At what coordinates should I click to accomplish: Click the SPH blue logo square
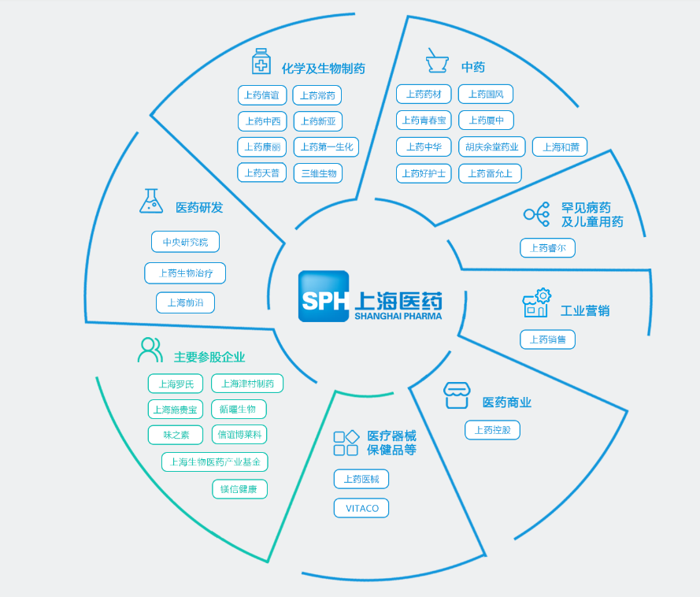pos(324,296)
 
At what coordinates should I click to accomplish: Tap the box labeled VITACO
pos(361,508)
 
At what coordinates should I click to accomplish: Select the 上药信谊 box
pos(262,95)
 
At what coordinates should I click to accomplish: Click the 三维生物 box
pos(318,173)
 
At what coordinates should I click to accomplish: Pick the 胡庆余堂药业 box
pos(492,146)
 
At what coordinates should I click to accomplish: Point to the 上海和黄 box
pos(560,146)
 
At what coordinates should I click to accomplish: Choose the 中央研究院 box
pos(185,242)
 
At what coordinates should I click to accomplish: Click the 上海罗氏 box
pos(176,384)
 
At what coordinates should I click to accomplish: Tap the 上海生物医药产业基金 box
pos(215,462)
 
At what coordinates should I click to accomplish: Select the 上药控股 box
pos(492,430)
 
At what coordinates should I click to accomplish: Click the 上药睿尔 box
pos(547,248)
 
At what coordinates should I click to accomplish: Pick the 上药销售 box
pos(547,339)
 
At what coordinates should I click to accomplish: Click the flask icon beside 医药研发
pos(150,202)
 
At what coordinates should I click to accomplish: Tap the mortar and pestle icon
pos(437,61)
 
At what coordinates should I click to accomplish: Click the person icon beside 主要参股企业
pos(150,350)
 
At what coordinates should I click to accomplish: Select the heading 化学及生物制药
pos(323,69)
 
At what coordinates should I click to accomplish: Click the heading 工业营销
pos(584,310)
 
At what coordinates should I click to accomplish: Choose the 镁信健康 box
pos(239,489)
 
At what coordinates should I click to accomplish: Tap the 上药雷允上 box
pos(490,173)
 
